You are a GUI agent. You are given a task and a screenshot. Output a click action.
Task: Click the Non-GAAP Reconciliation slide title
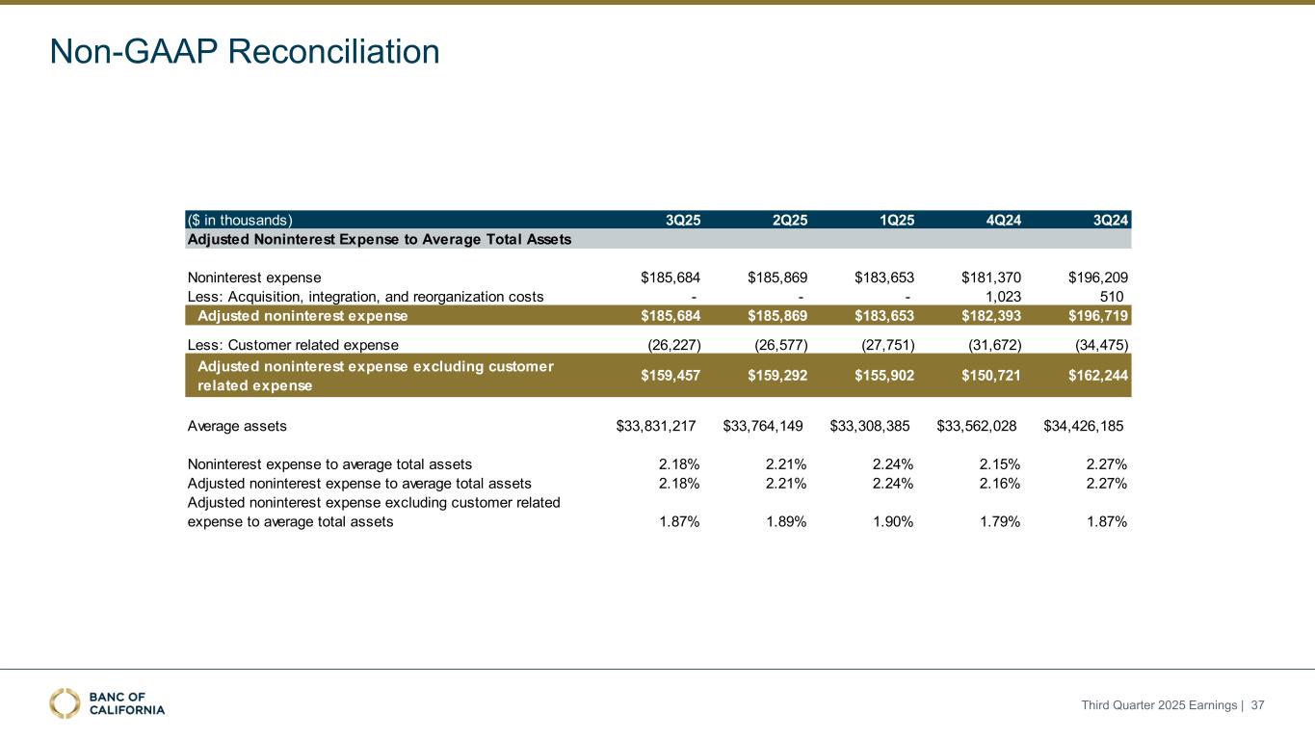click(x=245, y=51)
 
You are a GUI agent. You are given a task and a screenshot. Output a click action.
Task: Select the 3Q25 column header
click(x=683, y=219)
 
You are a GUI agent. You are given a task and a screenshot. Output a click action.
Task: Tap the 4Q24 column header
click(x=1004, y=219)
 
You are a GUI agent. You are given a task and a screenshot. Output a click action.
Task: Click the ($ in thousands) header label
click(x=239, y=219)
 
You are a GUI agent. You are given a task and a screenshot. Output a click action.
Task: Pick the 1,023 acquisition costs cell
click(x=1004, y=297)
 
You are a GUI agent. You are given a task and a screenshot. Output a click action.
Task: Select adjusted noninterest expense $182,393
click(x=991, y=315)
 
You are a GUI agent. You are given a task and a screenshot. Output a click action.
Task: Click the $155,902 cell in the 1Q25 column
click(x=884, y=375)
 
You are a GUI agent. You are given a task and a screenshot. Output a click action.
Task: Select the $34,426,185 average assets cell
click(x=1084, y=425)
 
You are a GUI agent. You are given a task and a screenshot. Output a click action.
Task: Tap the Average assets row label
click(x=237, y=425)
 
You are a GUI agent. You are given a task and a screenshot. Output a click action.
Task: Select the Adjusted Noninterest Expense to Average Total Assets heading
click(x=379, y=239)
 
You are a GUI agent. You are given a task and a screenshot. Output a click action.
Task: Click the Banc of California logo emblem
click(x=66, y=703)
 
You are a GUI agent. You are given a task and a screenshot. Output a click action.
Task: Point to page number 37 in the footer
click(x=1257, y=705)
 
